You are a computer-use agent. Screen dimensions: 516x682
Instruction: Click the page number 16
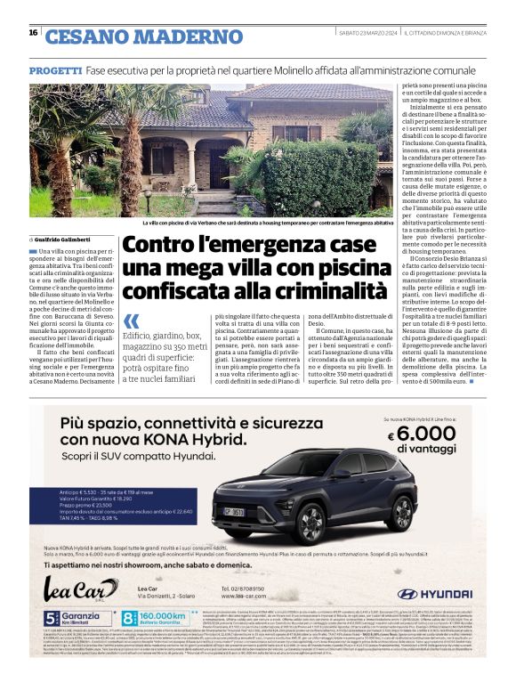(33, 33)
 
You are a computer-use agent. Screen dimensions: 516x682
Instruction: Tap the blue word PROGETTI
(55, 69)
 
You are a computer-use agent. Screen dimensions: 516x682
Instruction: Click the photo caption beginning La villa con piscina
(267, 223)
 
